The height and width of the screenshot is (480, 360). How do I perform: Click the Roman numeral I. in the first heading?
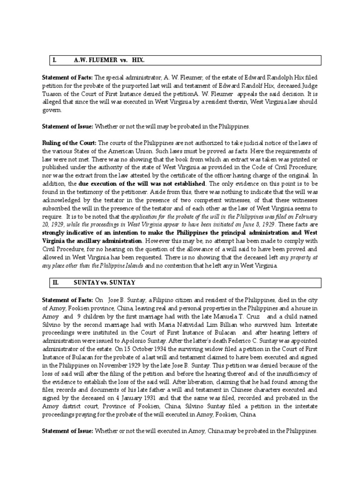tap(54, 61)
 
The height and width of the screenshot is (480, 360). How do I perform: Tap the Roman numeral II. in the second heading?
tap(56, 283)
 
